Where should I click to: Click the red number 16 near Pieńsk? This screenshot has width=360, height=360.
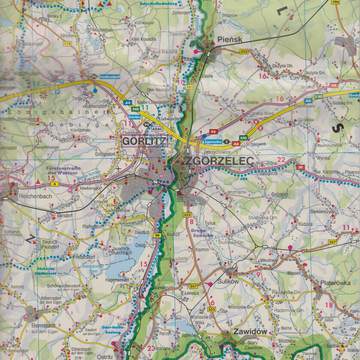[262, 75]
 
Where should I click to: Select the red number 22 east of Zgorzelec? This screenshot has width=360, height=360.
[284, 163]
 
